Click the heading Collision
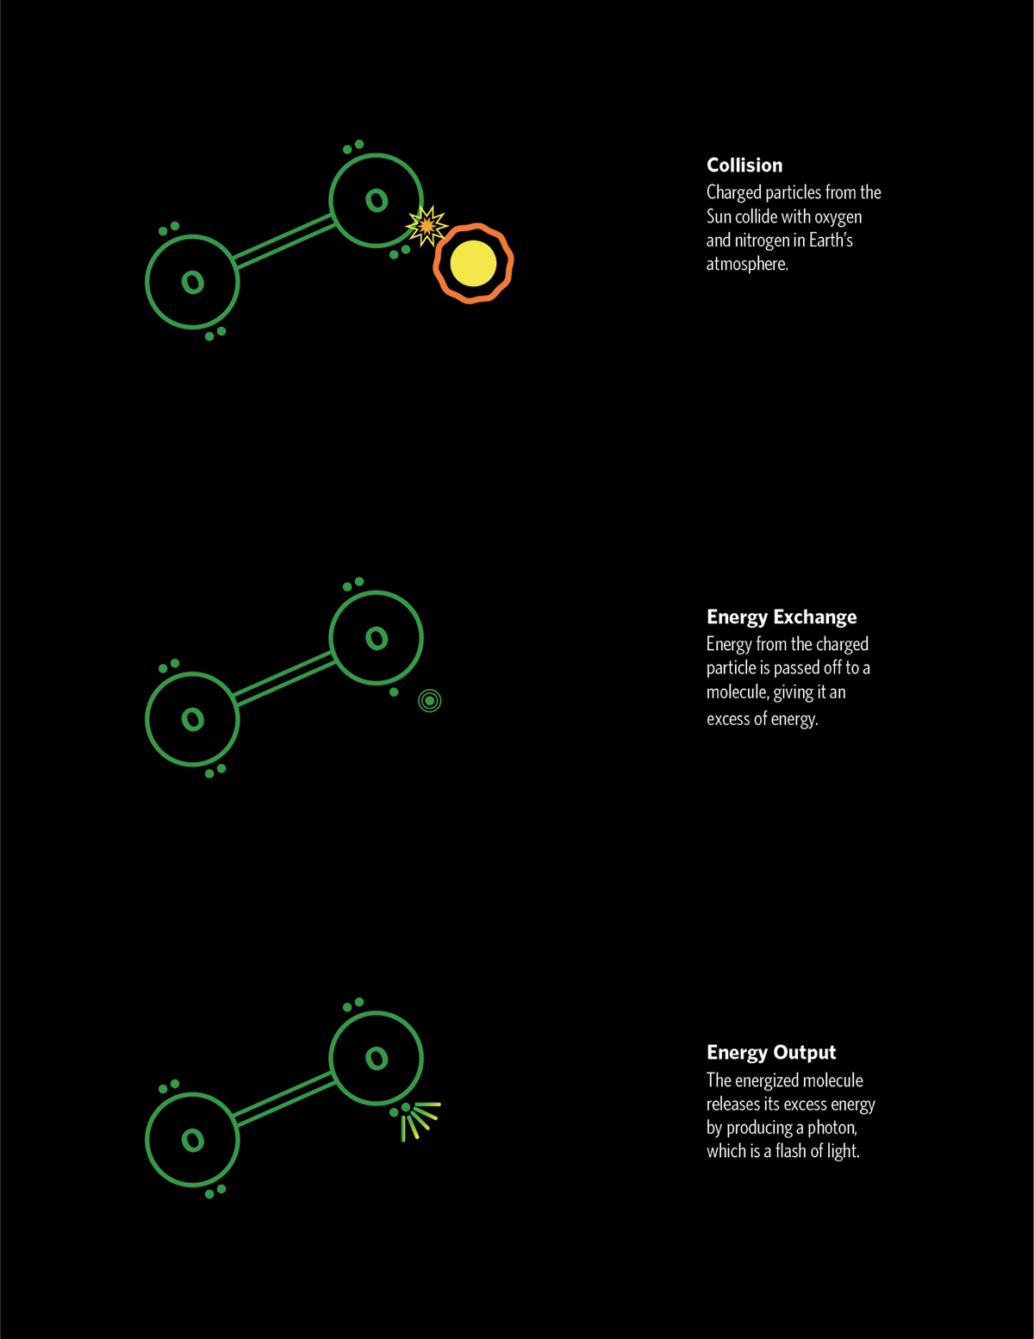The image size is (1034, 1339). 744,166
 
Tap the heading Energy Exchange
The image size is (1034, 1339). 782,616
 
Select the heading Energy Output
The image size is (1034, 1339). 771,1052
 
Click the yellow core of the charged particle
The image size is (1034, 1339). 473,263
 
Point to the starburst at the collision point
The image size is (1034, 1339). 427,226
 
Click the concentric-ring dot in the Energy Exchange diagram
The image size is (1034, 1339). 430,701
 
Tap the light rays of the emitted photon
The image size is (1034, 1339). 420,1123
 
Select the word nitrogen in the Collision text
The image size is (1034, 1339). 759,241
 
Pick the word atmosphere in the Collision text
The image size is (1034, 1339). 747,265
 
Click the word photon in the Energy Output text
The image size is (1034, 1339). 832,1129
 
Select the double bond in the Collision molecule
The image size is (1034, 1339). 284,241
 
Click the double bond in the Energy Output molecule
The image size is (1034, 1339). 284,1099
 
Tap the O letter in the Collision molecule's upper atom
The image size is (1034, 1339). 377,200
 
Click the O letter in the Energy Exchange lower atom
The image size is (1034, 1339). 193,719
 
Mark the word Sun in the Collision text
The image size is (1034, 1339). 719,217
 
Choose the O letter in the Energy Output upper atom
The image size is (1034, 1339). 377,1059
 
